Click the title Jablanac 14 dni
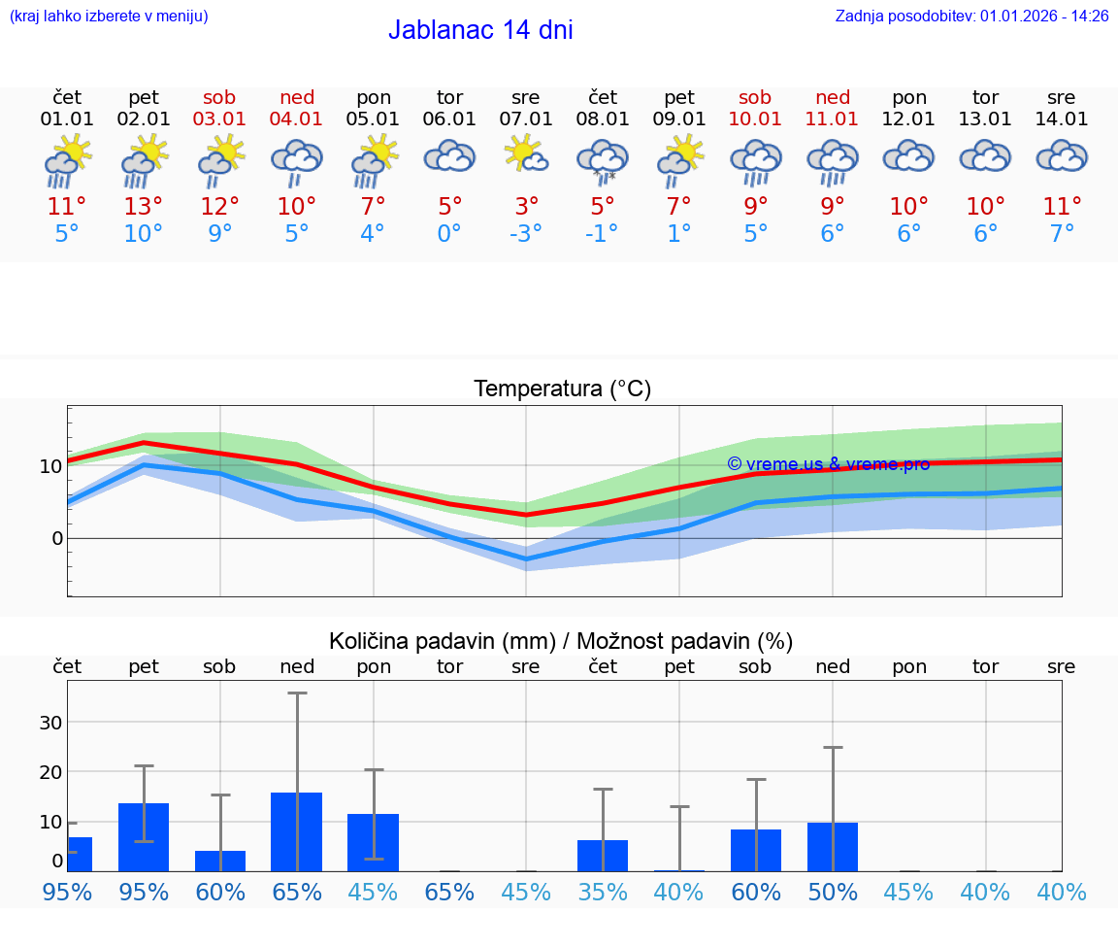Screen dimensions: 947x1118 click(x=480, y=30)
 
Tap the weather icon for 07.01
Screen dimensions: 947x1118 click(x=525, y=155)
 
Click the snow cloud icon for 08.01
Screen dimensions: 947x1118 click(x=603, y=160)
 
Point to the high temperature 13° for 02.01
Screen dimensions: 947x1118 click(x=143, y=206)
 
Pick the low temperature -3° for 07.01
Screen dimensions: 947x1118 click(x=525, y=233)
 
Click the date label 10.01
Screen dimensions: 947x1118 click(x=755, y=119)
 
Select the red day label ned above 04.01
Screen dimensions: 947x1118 click(x=297, y=98)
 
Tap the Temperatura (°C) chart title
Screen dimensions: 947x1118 click(x=562, y=389)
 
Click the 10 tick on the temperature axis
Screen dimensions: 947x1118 click(x=51, y=466)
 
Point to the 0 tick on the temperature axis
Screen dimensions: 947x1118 click(x=56, y=538)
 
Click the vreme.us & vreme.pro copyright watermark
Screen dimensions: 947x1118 click(x=828, y=464)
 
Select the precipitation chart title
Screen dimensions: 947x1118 click(x=561, y=641)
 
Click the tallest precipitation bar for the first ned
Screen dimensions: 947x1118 click(x=296, y=832)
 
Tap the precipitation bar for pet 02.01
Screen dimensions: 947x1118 click(x=144, y=837)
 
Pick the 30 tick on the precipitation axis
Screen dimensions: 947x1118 click(x=50, y=722)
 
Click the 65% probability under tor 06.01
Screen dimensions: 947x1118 click(x=449, y=892)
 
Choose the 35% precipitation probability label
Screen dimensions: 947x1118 click(x=603, y=892)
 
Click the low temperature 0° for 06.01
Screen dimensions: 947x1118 click(x=449, y=233)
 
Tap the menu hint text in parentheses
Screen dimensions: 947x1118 click(x=109, y=17)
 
